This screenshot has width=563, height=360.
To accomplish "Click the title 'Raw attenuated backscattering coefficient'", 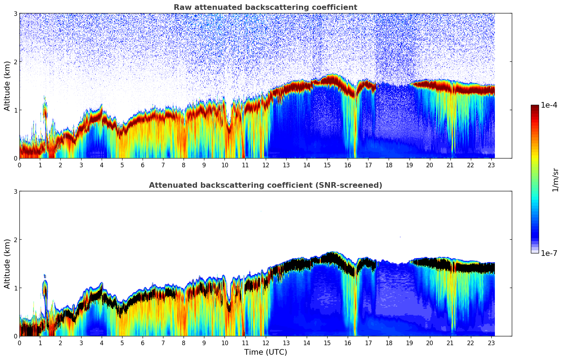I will click(265, 7).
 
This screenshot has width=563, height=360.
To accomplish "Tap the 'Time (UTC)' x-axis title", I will click(265, 352).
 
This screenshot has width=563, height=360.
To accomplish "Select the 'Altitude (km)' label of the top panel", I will click(7, 86).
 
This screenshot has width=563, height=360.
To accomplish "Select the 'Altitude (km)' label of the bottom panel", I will click(7, 264).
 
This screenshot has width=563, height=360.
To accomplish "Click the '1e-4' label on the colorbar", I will click(549, 105).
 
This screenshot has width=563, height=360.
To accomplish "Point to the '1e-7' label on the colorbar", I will click(549, 253).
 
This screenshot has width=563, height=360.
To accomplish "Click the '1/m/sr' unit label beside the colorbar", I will click(555, 180).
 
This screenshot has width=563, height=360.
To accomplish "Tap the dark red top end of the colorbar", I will click(535, 107).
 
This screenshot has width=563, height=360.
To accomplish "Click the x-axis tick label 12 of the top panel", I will click(265, 165).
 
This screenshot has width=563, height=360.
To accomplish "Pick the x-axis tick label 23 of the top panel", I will click(491, 165).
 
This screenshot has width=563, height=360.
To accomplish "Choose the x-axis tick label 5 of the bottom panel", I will click(122, 343).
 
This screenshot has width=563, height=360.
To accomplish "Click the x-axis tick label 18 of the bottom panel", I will click(389, 343).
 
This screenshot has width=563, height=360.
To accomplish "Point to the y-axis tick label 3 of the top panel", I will click(15, 13).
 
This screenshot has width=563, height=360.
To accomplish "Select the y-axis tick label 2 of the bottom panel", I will click(15, 240).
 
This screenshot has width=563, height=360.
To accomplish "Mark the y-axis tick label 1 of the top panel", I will click(15, 110).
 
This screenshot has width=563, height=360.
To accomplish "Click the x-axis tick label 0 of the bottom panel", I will click(19, 343).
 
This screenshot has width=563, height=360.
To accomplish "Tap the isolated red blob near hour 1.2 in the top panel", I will click(45, 111).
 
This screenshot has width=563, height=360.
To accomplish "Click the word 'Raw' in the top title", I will click(181, 7).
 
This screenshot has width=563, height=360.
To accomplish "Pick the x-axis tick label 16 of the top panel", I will click(348, 165).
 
